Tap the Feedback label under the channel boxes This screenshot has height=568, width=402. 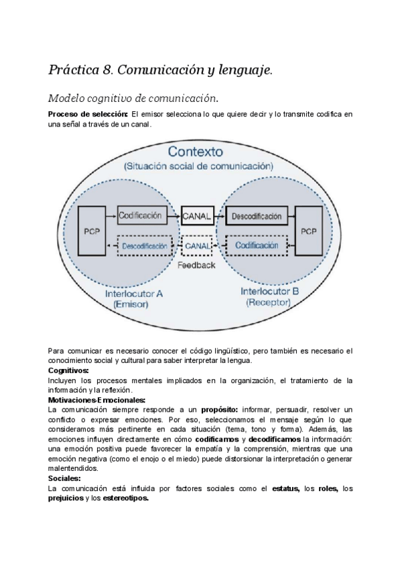(197, 265)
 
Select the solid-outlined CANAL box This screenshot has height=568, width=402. (197, 216)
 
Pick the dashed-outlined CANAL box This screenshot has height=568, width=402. (197, 246)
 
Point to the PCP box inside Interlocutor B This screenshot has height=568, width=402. (308, 231)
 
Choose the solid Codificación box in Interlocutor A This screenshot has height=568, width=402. (140, 216)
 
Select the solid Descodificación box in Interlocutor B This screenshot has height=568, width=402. (256, 216)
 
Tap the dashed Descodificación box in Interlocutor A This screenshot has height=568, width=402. (144, 246)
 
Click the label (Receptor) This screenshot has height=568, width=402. (267, 303)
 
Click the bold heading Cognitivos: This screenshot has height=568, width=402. (68, 370)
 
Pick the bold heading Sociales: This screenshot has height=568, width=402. (64, 479)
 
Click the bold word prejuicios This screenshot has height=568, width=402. (65, 498)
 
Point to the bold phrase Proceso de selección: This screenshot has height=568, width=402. (88, 115)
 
